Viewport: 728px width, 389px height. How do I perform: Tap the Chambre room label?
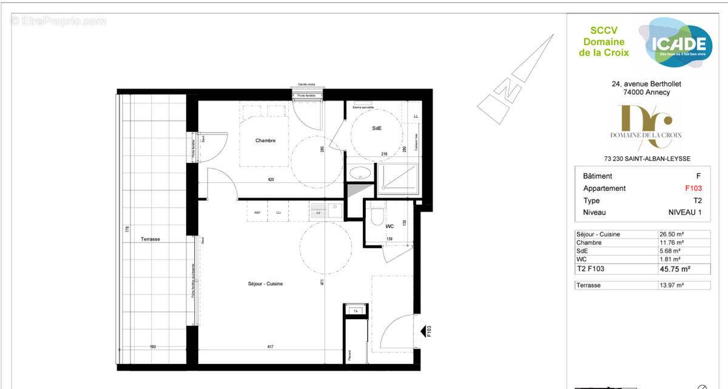point(265,140)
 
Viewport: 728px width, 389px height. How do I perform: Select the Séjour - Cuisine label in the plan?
point(265,284)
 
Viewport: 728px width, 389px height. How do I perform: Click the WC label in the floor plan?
point(390,227)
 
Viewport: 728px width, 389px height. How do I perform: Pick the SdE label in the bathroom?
point(376,129)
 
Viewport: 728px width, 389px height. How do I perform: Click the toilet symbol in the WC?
point(377,216)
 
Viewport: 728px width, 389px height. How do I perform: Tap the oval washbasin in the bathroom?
point(360,172)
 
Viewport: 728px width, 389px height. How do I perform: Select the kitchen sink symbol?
point(335,210)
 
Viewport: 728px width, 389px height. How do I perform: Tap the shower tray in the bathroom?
point(397,177)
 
